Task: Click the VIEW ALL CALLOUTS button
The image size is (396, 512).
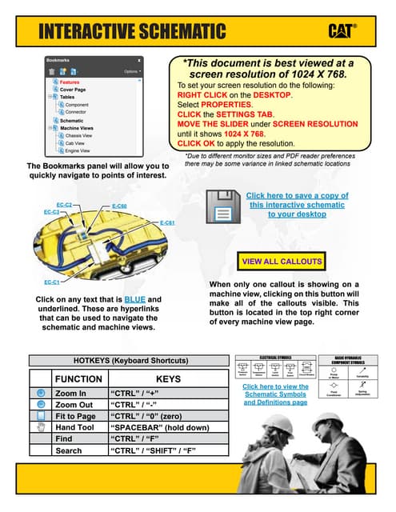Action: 282,262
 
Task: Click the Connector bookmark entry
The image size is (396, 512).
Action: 78,113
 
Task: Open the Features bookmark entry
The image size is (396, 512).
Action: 70,82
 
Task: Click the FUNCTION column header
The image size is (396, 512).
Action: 78,378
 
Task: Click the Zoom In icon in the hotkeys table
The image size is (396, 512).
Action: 40,394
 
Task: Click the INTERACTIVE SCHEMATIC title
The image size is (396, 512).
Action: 132,31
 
